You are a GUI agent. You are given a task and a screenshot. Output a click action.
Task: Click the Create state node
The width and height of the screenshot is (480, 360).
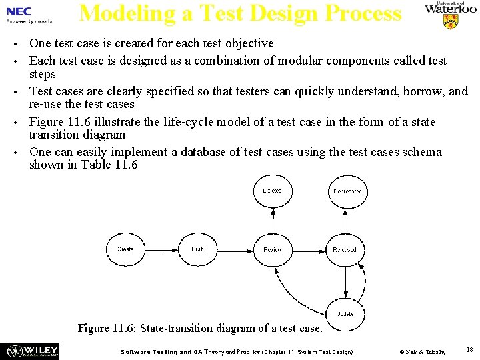click(x=125, y=249)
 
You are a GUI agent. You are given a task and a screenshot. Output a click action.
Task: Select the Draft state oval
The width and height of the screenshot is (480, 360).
click(x=198, y=249)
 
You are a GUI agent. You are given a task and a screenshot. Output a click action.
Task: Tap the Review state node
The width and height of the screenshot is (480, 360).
click(x=273, y=249)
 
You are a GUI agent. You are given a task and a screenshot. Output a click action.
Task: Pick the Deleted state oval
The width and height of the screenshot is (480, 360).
click(x=273, y=191)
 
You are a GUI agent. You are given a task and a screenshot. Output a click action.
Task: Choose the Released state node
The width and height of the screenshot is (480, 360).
click(x=345, y=249)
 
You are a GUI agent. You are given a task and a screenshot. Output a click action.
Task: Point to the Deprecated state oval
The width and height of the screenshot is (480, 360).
click(x=347, y=191)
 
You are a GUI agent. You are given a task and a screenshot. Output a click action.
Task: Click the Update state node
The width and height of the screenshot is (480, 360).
click(x=345, y=313)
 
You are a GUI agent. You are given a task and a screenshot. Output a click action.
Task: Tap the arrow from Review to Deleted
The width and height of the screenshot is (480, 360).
click(x=273, y=220)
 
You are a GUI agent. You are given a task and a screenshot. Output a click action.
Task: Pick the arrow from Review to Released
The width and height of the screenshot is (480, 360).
click(x=309, y=249)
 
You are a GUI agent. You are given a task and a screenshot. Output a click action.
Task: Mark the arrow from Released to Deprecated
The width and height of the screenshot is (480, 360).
click(x=346, y=221)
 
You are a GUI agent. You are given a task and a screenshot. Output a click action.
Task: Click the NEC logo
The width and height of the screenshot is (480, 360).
click(x=19, y=11)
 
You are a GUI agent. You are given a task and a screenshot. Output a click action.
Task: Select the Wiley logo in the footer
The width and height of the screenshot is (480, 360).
click(x=32, y=351)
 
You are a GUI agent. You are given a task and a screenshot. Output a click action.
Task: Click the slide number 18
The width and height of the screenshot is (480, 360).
click(x=469, y=350)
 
